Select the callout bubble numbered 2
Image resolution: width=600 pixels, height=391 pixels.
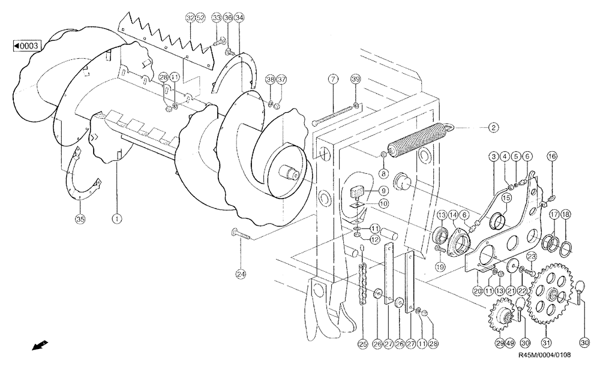[x=492, y=127]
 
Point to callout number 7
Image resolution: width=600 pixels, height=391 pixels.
[x=334, y=79]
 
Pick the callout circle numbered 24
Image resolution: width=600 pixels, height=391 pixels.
[x=241, y=275]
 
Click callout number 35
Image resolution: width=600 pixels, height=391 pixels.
[x=79, y=218]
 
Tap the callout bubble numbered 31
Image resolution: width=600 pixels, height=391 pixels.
[x=546, y=343]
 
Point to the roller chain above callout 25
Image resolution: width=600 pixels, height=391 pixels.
[x=362, y=279]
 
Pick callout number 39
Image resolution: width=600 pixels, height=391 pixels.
[x=356, y=79]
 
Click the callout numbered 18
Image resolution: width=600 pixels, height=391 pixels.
[x=565, y=214]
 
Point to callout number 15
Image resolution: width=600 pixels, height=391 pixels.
[x=505, y=197]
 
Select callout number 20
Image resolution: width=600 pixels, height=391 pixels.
[x=478, y=290]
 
